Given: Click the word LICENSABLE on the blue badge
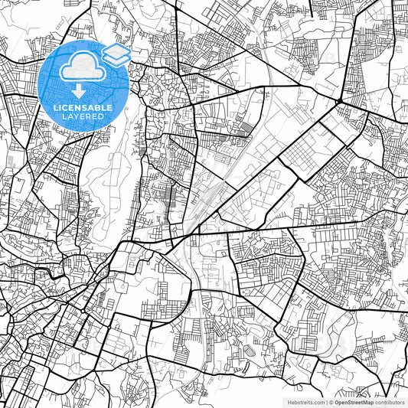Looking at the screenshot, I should point(84,108).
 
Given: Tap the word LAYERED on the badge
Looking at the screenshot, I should point(84,117).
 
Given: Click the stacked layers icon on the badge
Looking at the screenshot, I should point(115,54).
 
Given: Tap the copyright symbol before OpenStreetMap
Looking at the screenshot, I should point(331,401).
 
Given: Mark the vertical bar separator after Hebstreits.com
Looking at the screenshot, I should point(326,401).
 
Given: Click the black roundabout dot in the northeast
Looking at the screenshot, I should point(338,101).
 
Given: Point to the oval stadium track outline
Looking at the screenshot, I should point(252,351).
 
